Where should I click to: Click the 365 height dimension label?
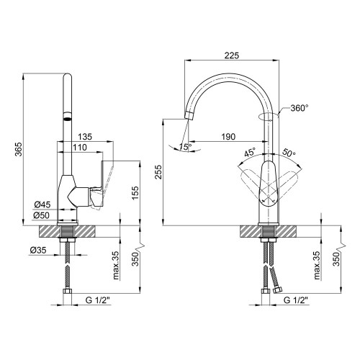(19, 149)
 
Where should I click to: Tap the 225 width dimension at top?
(232, 55)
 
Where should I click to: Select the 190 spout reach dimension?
(228, 137)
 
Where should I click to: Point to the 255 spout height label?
(158, 172)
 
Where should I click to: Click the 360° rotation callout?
(300, 108)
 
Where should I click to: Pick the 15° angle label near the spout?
(186, 147)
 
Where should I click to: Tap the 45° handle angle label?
(251, 152)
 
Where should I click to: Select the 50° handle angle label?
(289, 153)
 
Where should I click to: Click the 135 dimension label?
(85, 137)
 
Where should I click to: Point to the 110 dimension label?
(80, 147)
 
